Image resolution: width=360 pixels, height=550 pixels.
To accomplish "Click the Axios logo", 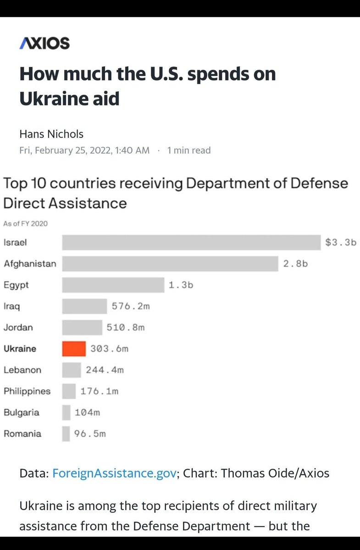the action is tap(44, 43).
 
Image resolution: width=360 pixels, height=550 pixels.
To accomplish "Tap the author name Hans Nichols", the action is tap(51, 134).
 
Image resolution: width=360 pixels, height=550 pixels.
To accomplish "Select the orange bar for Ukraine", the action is tap(74, 349).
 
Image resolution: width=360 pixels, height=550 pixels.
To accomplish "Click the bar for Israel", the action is tap(191, 242).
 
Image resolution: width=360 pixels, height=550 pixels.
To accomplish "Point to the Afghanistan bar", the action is tap(170, 264).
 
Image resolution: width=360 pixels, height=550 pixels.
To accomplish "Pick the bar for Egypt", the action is tap(113, 285).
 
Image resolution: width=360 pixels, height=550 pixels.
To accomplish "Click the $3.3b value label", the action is tap(341, 242).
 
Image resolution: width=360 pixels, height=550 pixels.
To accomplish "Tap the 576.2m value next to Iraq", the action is tap(131, 306).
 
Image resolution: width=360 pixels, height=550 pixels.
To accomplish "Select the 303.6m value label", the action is tap(109, 349).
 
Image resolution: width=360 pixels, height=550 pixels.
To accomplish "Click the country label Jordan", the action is tap(18, 328).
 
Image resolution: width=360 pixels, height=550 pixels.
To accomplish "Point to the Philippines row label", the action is tap(27, 391).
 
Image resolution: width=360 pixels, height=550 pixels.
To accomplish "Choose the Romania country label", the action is tap(22, 434).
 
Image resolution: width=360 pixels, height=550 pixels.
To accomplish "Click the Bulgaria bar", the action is tap(66, 412).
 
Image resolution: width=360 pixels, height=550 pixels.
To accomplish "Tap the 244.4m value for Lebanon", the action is tap(105, 370).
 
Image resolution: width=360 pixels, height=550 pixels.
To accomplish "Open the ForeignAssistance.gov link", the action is tap(114, 473).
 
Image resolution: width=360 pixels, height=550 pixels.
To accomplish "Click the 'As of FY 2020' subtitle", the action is tap(25, 224).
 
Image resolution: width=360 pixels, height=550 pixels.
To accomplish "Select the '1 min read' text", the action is tap(189, 150).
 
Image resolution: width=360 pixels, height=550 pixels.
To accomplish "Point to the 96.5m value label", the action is tap(90, 434).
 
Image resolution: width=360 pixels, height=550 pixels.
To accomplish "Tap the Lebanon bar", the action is tap(72, 370).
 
